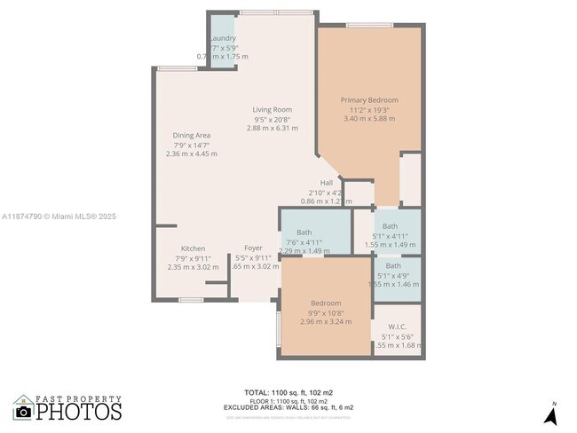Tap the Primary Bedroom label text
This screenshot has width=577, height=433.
(369, 100)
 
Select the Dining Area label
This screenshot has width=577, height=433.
(191, 135)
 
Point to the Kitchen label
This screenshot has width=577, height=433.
(193, 248)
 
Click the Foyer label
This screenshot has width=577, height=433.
(254, 248)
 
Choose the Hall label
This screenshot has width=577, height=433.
(326, 183)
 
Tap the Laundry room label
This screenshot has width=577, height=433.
(222, 38)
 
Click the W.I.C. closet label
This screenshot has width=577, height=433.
(397, 327)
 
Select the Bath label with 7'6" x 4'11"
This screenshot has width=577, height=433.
(304, 232)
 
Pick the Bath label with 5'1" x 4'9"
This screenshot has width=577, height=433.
(392, 265)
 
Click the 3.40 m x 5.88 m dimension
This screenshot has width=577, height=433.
(369, 119)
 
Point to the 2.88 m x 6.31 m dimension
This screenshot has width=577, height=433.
(272, 129)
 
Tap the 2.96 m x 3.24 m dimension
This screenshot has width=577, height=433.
(326, 321)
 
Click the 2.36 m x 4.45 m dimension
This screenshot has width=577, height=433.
(191, 154)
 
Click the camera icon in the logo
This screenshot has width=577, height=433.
(23, 411)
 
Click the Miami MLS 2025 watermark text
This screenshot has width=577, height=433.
(59, 216)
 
